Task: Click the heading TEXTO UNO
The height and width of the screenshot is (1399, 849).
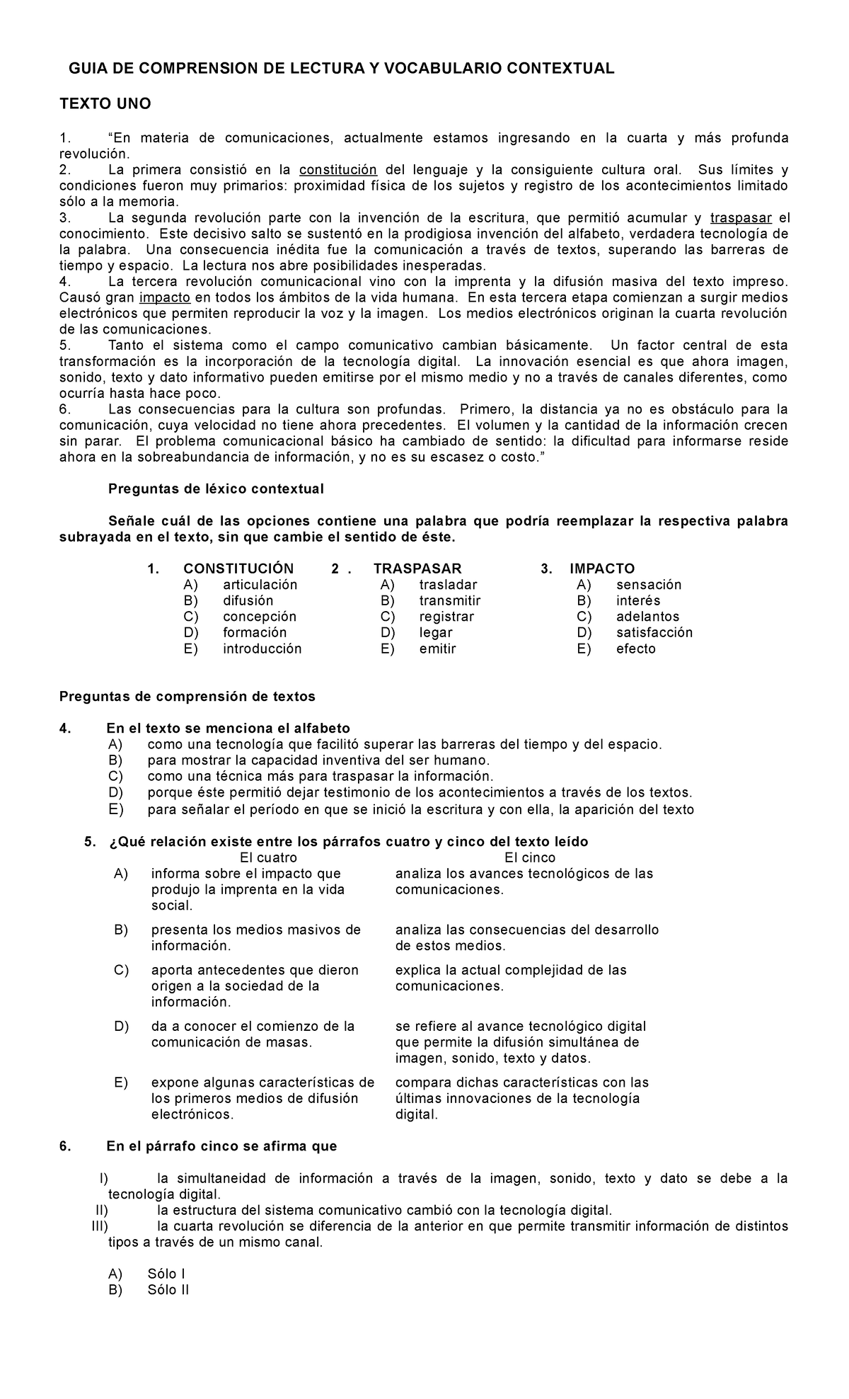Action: coord(105,104)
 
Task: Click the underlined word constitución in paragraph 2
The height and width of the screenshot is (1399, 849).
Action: coord(338,170)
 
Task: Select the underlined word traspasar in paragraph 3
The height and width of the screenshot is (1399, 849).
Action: coord(740,218)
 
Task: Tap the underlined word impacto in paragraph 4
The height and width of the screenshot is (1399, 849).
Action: coord(165,297)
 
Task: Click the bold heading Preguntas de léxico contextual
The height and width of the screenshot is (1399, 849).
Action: coord(215,489)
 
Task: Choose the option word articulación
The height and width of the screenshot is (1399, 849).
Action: coord(260,585)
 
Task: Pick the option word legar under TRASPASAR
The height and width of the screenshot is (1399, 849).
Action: coord(435,633)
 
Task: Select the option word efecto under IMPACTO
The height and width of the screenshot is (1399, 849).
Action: coord(635,649)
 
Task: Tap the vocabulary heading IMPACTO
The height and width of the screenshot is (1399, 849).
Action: coord(602,569)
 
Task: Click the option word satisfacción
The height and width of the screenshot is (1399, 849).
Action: coord(654,633)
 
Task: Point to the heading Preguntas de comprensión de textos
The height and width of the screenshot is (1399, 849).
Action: coord(187,697)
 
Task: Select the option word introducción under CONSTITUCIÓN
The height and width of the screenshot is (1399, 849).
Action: coord(262,649)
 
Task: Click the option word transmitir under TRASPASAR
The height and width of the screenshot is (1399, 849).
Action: coord(449,601)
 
